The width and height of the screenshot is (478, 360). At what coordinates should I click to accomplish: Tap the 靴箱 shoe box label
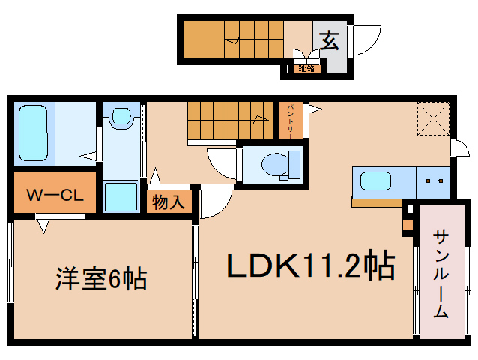[305, 69]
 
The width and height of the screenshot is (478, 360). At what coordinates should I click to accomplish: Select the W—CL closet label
[54, 196]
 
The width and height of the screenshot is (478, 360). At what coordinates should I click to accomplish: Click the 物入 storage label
[168, 202]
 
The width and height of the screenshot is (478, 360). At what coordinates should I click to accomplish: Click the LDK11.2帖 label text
[312, 265]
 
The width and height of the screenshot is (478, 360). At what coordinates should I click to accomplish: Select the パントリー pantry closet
[291, 120]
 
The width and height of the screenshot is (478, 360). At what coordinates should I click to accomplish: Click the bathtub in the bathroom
[31, 133]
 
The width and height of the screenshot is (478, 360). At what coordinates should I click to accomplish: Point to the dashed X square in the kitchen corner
[432, 118]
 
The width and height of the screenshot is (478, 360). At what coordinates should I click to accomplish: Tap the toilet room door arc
[222, 160]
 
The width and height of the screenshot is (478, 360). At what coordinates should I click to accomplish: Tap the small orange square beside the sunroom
[408, 224]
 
